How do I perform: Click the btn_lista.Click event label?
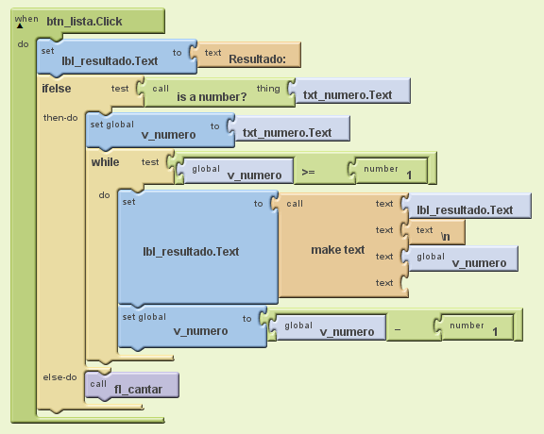click(84, 22)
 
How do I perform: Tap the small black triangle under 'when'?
click(20, 26)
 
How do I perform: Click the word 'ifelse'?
click(57, 89)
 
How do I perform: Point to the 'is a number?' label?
click(212, 97)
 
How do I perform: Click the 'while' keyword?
click(105, 162)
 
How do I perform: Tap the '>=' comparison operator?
click(308, 172)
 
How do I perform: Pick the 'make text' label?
click(337, 250)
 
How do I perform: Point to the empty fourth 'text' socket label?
click(384, 283)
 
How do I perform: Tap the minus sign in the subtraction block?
click(398, 329)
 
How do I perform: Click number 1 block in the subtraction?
click(474, 327)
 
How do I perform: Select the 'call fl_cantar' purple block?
click(132, 386)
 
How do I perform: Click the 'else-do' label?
click(60, 377)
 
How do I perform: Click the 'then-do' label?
click(60, 118)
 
